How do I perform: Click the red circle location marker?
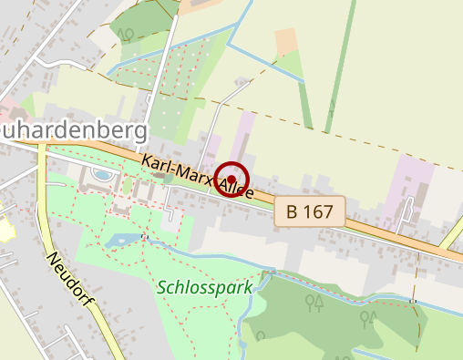pos(232,179)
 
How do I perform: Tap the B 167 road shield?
pos(310,211)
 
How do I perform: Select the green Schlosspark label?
pos(204,287)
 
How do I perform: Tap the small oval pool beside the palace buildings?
pos(103,174)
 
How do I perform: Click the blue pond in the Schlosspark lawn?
pos(120,241)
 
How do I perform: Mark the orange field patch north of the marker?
pos(286,40)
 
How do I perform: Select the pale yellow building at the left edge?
pos(5,223)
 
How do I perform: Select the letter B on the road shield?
pos(293,211)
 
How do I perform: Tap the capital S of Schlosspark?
pos(162,287)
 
